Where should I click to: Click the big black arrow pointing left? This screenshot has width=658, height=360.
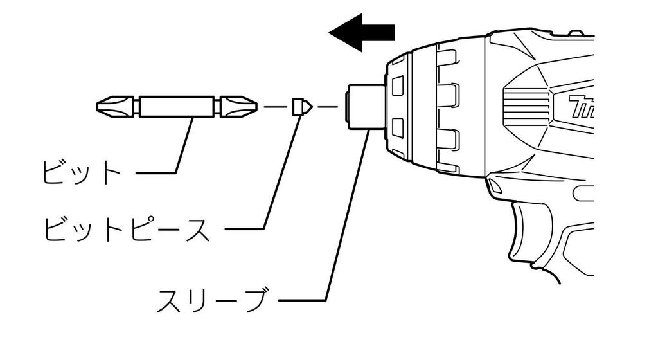[x=362, y=33]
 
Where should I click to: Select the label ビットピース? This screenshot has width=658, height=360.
[x=127, y=228]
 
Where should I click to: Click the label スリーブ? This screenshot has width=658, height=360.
[x=212, y=300]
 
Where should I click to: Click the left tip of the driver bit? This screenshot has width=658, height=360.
[x=98, y=107]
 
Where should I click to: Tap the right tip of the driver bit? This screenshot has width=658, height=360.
[x=256, y=107]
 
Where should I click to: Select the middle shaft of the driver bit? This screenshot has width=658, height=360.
[x=176, y=107]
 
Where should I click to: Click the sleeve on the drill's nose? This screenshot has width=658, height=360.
[x=366, y=107]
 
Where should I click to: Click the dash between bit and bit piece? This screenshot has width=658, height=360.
[x=274, y=107]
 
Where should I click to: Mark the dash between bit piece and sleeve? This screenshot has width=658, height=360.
[x=328, y=107]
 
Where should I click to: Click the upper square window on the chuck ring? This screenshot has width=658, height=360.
[x=397, y=85]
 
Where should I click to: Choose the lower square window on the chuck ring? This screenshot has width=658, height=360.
[x=397, y=129]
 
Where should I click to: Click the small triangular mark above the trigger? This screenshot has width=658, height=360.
[x=493, y=184]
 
